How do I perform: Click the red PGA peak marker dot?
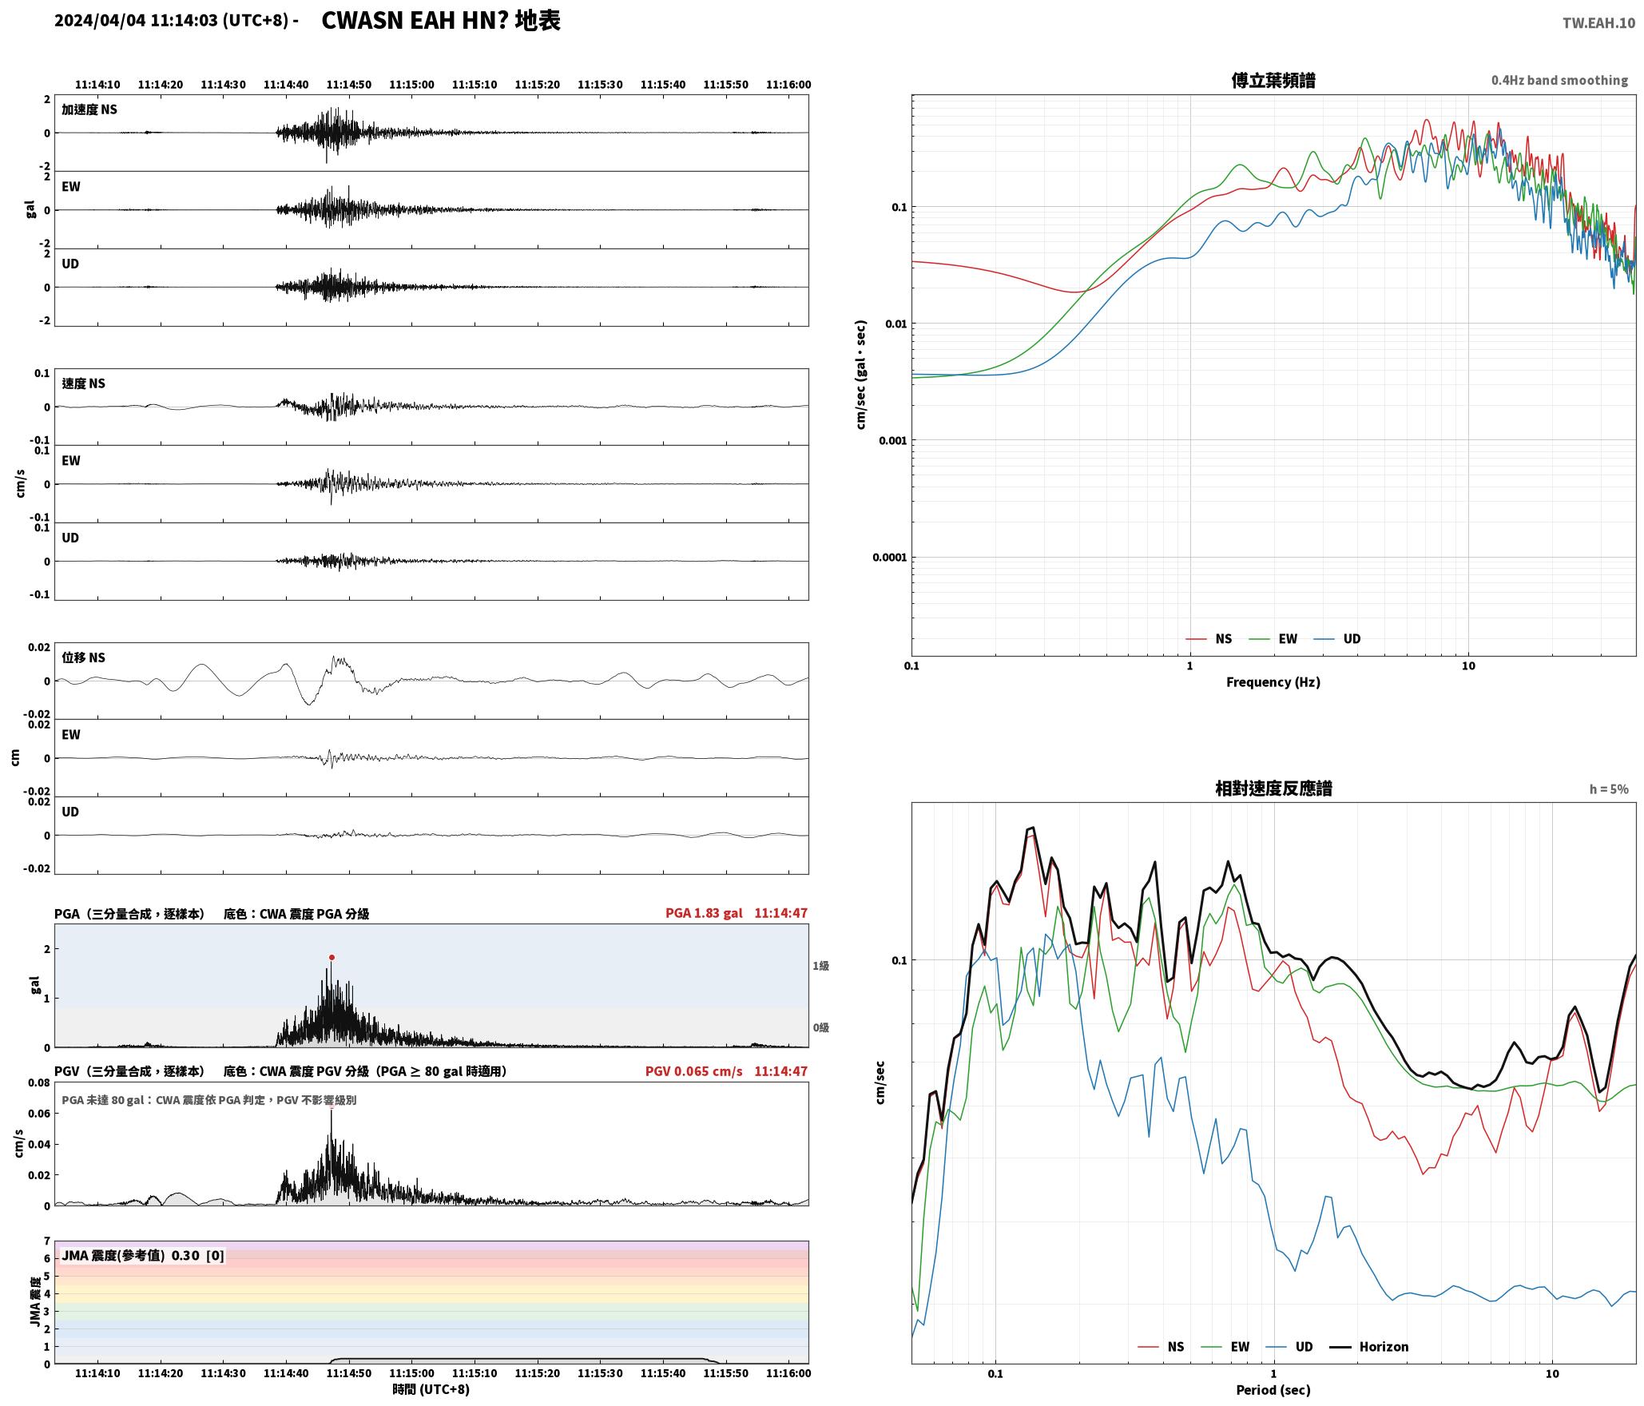point(332,957)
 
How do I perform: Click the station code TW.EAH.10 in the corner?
point(1598,23)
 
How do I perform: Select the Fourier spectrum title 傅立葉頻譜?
point(1273,81)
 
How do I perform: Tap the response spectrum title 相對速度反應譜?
point(1273,788)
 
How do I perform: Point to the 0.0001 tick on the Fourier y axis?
point(890,558)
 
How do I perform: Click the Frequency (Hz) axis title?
point(1273,682)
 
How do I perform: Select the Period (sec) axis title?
point(1273,1390)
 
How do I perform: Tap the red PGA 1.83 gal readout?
point(704,913)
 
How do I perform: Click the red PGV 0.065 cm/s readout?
point(693,1071)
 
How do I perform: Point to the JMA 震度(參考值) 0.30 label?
point(130,1255)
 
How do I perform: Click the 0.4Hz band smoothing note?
point(1559,80)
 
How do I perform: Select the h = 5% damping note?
point(1609,789)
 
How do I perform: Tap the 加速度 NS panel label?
point(89,109)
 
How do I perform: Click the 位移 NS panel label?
point(84,657)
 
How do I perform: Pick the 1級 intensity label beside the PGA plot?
point(821,966)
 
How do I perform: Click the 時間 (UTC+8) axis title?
point(431,1389)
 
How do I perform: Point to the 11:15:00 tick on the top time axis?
point(412,85)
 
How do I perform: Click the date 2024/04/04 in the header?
point(100,21)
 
